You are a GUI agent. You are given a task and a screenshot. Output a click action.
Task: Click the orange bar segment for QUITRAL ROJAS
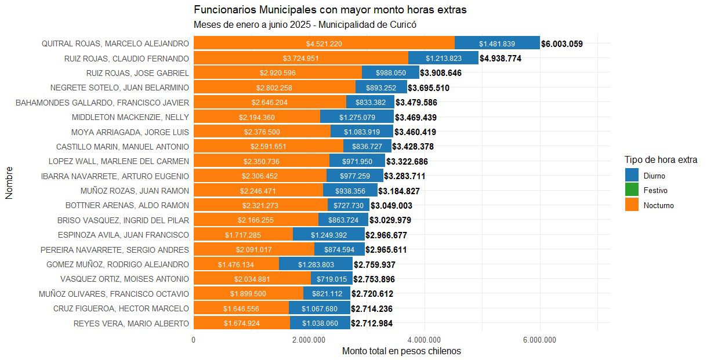pos(324,43)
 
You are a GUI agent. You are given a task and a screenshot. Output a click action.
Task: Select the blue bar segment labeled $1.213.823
pos(443,59)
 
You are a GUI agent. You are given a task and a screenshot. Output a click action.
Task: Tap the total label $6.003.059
pos(561,43)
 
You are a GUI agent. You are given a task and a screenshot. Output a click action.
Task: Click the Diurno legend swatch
pos(632,175)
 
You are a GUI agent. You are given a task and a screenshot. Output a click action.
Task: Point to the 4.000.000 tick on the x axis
pos(425,340)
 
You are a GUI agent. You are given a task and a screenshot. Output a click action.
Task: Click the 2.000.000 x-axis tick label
pos(309,340)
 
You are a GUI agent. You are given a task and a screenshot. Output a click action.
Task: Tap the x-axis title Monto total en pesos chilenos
pos(401,351)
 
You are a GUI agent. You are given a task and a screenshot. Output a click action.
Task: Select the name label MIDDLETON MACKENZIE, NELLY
pos(130,118)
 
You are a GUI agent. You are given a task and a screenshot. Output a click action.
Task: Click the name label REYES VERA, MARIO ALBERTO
pos(131,323)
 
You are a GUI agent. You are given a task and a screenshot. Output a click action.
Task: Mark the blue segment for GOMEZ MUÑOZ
pos(316,264)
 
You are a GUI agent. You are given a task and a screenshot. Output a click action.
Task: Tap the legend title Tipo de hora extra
pos(661,159)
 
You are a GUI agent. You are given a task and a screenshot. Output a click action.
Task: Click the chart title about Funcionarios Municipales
pos(330,10)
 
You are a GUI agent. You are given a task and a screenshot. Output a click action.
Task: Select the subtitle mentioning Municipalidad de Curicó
pos(305,25)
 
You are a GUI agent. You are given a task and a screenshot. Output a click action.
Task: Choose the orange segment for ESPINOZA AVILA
pos(243,235)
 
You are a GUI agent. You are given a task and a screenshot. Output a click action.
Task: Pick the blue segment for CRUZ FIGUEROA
pos(319,308)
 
